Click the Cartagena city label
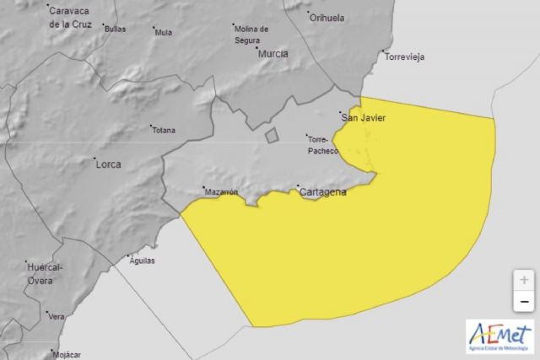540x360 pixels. pyautogui.click(x=323, y=192)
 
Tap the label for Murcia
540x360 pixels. pyautogui.click(x=273, y=53)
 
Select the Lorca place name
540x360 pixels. pyautogui.click(x=108, y=164)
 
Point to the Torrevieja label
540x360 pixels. pyautogui.click(x=404, y=57)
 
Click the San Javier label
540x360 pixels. pyautogui.click(x=363, y=118)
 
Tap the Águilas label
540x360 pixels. pyautogui.click(x=142, y=261)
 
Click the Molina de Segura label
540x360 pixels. pyautogui.click(x=251, y=33)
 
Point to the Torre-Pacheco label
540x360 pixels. pyautogui.click(x=323, y=145)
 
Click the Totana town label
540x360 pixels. pyautogui.click(x=163, y=131)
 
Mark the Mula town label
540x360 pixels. pyautogui.click(x=164, y=34)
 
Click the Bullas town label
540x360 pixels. pyautogui.click(x=116, y=29)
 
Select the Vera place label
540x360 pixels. pyautogui.click(x=57, y=317)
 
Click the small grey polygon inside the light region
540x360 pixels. pyautogui.click(x=271, y=135)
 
